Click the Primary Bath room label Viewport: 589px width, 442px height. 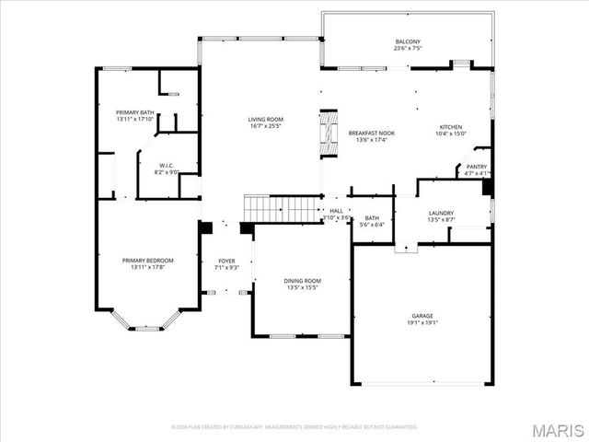[134, 112]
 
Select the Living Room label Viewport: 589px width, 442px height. [265, 119]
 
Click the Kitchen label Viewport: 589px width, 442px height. [450, 127]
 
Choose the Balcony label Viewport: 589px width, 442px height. [408, 41]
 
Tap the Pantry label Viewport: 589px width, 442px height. [477, 167]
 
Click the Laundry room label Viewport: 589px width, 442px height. [441, 214]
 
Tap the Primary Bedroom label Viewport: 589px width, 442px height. [147, 261]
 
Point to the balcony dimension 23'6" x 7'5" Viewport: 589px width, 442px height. [408, 49]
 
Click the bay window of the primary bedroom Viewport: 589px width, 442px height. [144, 322]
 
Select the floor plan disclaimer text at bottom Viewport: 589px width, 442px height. [294, 426]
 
